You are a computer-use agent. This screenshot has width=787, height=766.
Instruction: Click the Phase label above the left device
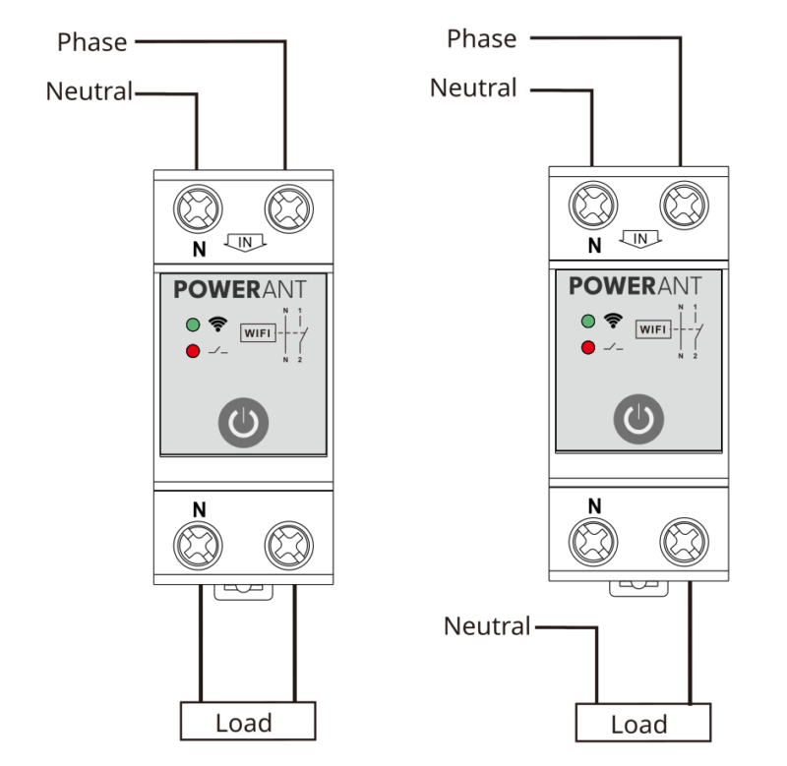click(92, 42)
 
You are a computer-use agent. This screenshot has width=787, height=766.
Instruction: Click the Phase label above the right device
click(481, 38)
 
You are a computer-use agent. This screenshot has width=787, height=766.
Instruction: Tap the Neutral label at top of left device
click(89, 91)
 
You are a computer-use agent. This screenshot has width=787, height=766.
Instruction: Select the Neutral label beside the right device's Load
click(487, 625)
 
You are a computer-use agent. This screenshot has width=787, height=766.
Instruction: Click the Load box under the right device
click(638, 725)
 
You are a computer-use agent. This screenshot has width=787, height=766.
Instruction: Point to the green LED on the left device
click(192, 324)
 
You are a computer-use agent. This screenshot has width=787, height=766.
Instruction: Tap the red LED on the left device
click(192, 351)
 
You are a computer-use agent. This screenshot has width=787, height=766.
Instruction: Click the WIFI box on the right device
click(652, 328)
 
